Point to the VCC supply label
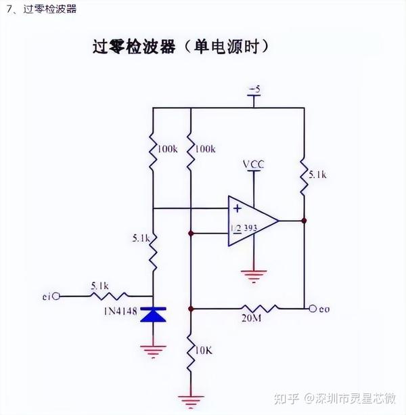(253, 165)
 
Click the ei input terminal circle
(56, 296)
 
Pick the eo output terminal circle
(312, 309)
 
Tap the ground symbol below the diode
(153, 349)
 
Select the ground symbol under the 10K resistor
(191, 399)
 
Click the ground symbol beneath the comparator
(253, 274)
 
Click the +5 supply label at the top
(254, 89)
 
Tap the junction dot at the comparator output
(304, 220)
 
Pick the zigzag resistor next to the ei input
(101, 296)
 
